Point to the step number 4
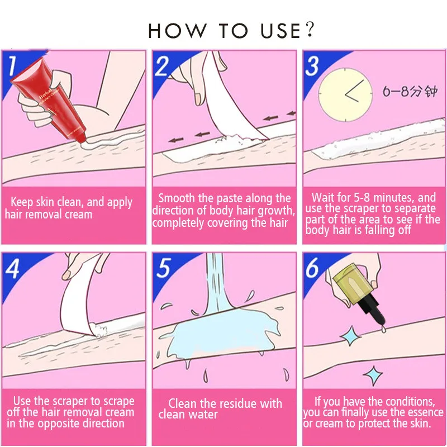12,269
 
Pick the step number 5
163,268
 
